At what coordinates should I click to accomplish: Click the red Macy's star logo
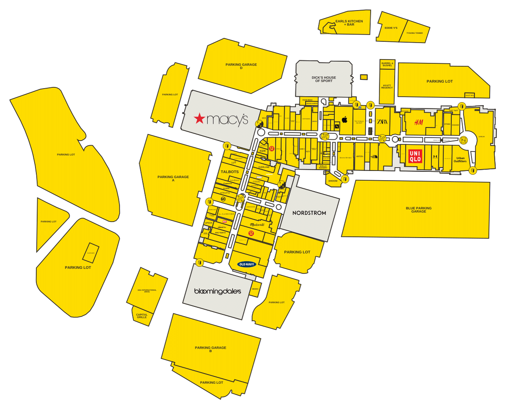tap(199, 119)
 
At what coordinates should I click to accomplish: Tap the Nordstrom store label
tap(309, 213)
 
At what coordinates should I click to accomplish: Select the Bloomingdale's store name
tap(217, 291)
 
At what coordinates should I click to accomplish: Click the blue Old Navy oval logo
tap(248, 264)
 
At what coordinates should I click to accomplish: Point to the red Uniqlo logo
tap(415, 156)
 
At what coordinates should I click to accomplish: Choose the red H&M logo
tap(418, 122)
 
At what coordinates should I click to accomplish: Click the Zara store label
tap(382, 122)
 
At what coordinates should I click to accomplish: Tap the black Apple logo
tap(344, 120)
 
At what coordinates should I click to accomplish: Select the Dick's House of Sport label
tap(324, 79)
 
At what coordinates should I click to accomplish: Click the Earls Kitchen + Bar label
tap(349, 23)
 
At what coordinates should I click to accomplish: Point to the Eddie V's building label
tap(391, 28)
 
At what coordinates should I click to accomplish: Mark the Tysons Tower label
tap(414, 33)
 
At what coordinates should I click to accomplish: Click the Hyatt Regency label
tap(387, 87)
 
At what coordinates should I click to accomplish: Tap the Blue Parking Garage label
tap(418, 209)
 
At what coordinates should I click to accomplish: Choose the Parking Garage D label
tap(241, 66)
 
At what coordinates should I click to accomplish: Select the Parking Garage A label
tap(173, 179)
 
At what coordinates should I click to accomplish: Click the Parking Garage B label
tap(210, 349)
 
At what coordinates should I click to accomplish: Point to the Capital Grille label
tap(142, 316)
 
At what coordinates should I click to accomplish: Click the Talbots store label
tap(230, 172)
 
